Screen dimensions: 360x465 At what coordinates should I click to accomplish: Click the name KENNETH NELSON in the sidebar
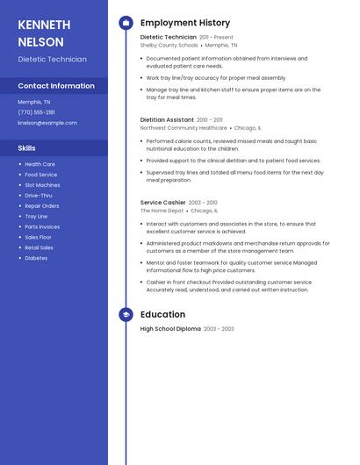click(x=41, y=32)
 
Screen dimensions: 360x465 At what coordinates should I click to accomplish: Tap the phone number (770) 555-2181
click(x=36, y=112)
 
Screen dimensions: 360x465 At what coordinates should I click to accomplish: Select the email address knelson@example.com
click(x=47, y=123)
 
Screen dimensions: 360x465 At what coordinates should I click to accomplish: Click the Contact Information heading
click(x=56, y=86)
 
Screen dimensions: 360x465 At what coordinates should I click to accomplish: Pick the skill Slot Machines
click(x=42, y=185)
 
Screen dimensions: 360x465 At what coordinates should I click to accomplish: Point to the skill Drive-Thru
click(x=38, y=196)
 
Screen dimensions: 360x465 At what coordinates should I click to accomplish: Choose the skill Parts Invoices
click(x=42, y=226)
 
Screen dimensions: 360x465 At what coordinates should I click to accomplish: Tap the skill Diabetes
click(x=36, y=258)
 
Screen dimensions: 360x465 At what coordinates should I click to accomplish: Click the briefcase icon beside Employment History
click(x=126, y=23)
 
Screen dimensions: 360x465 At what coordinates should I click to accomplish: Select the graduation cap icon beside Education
click(x=126, y=314)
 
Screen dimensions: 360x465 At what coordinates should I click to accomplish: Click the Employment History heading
click(x=185, y=23)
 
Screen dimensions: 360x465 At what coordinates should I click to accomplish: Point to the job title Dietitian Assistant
click(x=167, y=119)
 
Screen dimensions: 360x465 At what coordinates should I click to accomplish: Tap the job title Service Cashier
click(x=163, y=203)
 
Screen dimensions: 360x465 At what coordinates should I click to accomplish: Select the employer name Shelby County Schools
click(x=169, y=45)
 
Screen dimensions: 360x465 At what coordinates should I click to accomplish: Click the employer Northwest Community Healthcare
click(x=184, y=127)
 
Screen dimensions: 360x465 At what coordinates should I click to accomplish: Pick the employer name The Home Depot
click(x=162, y=211)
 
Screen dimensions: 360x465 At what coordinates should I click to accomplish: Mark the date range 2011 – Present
click(x=216, y=38)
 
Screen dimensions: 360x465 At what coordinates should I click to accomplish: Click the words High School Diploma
click(x=170, y=329)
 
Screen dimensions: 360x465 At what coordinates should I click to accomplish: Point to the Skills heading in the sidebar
click(x=26, y=148)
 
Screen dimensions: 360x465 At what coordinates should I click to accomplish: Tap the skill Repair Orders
click(x=41, y=206)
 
